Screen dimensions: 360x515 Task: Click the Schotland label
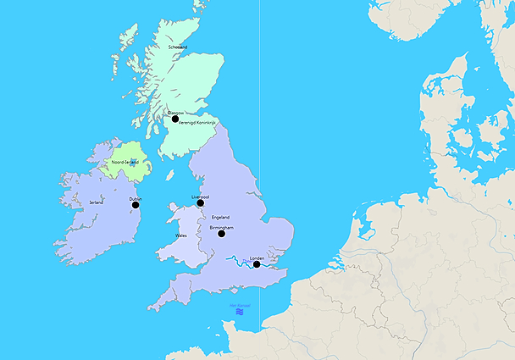[178, 47]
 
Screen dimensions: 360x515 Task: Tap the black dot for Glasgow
[175, 119]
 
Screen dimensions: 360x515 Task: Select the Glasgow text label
[174, 113]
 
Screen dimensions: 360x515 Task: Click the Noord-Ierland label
[125, 162]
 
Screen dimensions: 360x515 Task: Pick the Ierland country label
[97, 202]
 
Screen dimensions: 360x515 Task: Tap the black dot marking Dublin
[136, 205]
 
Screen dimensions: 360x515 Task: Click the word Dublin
[135, 199]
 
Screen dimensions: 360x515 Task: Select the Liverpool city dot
[201, 203]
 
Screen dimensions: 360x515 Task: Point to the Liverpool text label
[201, 197]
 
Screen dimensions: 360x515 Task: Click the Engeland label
[220, 217]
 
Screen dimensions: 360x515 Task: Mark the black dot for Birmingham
[222, 234]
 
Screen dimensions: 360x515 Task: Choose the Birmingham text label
[221, 227]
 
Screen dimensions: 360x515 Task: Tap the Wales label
[181, 235]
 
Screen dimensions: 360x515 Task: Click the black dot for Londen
[257, 264]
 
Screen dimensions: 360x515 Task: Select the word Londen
[257, 258]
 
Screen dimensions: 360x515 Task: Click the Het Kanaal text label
[240, 306]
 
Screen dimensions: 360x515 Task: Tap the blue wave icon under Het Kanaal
[240, 313]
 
